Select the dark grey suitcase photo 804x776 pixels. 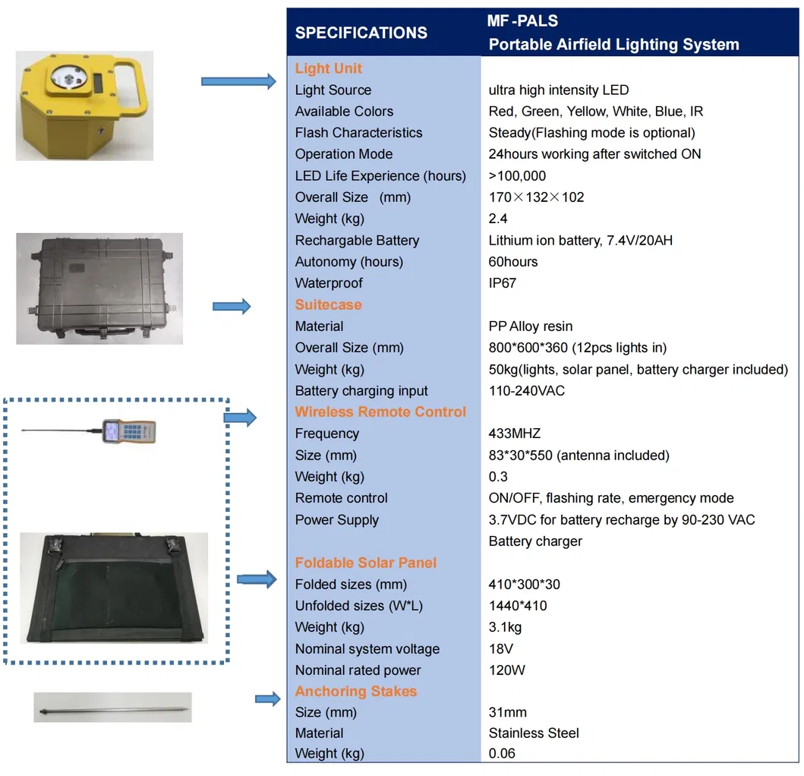pyautogui.click(x=99, y=289)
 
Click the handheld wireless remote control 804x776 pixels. pyautogui.click(x=129, y=431)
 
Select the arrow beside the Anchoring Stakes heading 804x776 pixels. pyautogui.click(x=267, y=699)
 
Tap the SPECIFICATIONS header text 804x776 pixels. pyautogui.click(x=361, y=33)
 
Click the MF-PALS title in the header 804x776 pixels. pyautogui.click(x=522, y=21)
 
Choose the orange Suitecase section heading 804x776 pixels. pyautogui.click(x=328, y=304)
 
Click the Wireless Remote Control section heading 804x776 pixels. pyautogui.click(x=380, y=412)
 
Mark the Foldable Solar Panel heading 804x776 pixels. pyautogui.click(x=366, y=563)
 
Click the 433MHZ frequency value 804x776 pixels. pyautogui.click(x=514, y=434)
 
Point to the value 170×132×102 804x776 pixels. pyautogui.click(x=536, y=197)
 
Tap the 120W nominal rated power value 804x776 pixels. pyautogui.click(x=506, y=670)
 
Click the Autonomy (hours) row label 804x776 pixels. pyautogui.click(x=348, y=262)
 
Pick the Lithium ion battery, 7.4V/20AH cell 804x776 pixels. pyautogui.click(x=580, y=241)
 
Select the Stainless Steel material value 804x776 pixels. pyautogui.click(x=533, y=733)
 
